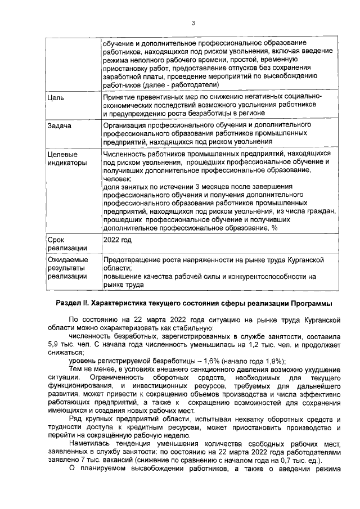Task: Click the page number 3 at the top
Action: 192,23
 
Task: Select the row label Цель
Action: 56,98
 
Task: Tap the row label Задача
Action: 60,125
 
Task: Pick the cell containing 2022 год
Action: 118,240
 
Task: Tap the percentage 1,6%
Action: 190,361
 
